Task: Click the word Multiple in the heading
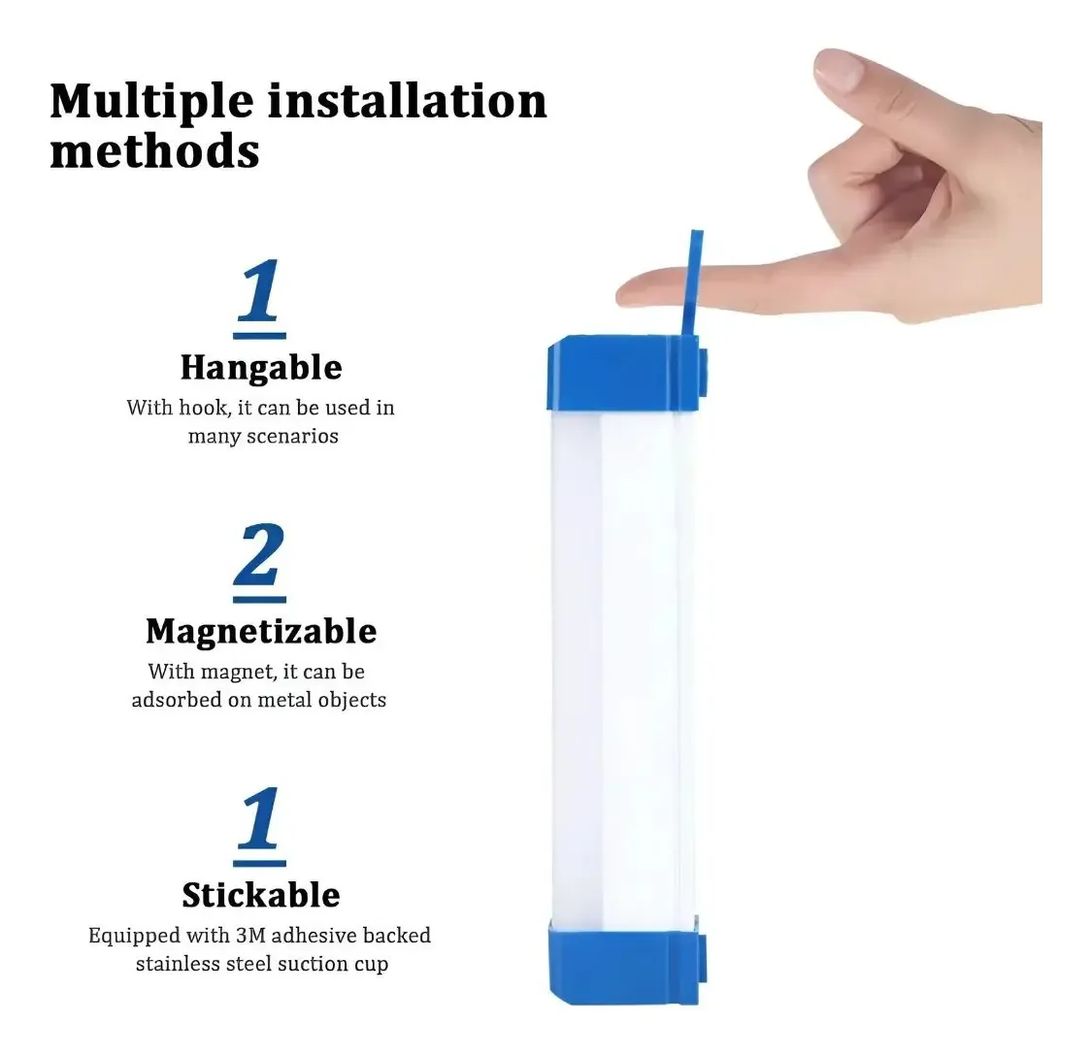(x=151, y=103)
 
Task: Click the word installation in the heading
(x=408, y=101)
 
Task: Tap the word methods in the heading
(x=154, y=151)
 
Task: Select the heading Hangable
(x=261, y=368)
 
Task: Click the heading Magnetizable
(x=261, y=632)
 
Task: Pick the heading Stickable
(x=261, y=895)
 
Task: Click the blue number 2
(x=260, y=554)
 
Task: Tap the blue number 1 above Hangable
(x=259, y=290)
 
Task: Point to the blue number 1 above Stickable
(x=259, y=818)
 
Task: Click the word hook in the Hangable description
(x=205, y=408)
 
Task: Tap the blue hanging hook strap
(x=690, y=283)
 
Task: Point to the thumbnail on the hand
(x=841, y=70)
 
